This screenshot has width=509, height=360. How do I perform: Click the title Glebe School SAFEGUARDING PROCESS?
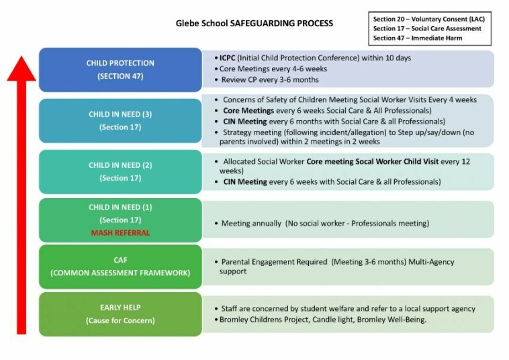point(254,24)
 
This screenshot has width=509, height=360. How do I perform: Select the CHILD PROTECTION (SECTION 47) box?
point(120,69)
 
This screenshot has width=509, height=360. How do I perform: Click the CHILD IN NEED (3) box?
point(120,120)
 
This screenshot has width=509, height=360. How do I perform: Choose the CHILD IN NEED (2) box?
point(120,171)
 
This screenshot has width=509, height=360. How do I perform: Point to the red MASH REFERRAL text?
point(120,232)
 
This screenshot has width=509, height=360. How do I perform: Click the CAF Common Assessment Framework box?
point(120,266)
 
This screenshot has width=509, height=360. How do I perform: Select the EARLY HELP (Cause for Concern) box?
point(120,314)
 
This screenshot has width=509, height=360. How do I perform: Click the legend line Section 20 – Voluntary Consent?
point(428,19)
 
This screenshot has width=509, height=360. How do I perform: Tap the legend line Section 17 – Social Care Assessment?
point(428,29)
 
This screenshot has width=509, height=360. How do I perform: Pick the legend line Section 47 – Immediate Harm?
point(417,38)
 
